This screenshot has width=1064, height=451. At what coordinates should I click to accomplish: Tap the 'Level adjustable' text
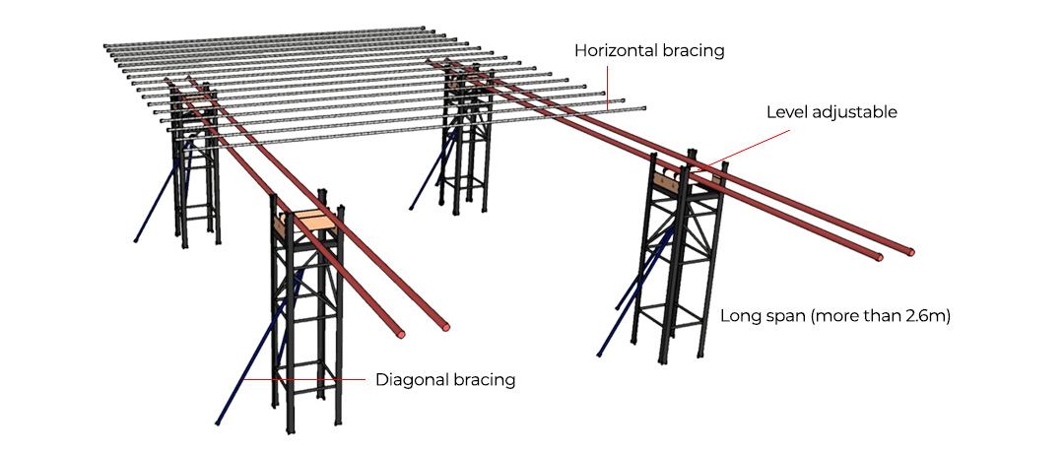(x=831, y=112)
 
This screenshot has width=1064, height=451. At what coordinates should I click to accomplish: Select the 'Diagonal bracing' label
(x=445, y=379)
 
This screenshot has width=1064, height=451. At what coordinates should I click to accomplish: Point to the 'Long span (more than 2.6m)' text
(x=834, y=316)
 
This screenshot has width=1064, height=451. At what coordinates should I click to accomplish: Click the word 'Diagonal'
(x=410, y=379)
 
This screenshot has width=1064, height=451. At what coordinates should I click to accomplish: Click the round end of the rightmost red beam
(x=911, y=252)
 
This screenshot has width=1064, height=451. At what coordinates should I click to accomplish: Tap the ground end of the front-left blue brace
(x=217, y=423)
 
